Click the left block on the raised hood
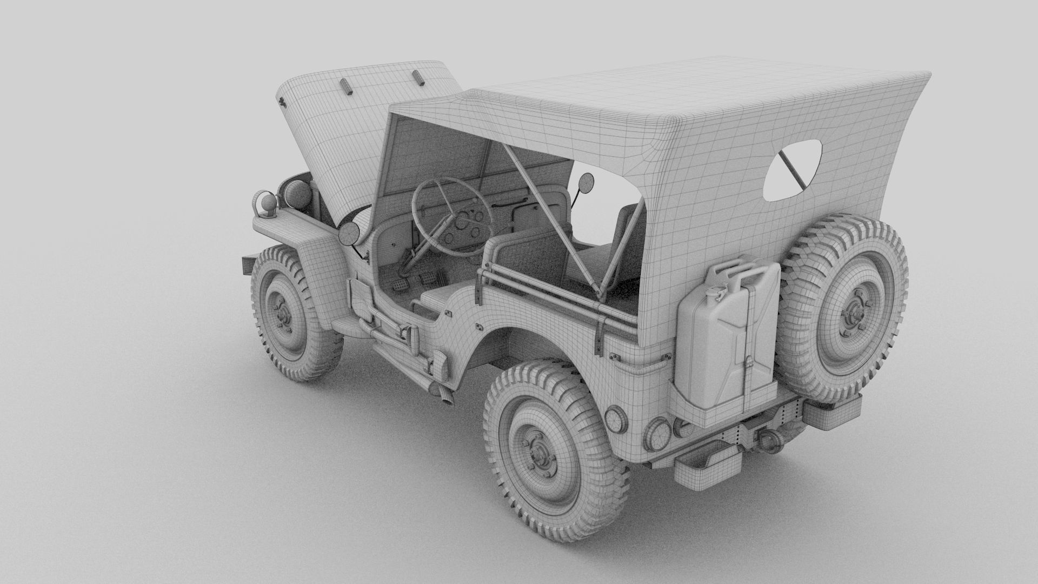pyautogui.click(x=346, y=87)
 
